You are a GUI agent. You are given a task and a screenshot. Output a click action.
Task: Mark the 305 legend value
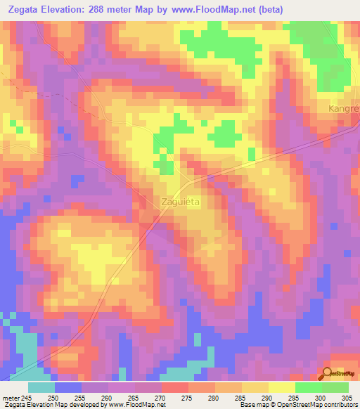click(x=348, y=396)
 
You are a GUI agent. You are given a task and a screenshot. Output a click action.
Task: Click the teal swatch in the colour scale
click(x=41, y=387)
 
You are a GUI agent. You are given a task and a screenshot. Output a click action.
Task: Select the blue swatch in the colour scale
click(x=68, y=387)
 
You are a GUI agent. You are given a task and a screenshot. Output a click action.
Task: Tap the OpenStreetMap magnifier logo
click(x=328, y=373)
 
